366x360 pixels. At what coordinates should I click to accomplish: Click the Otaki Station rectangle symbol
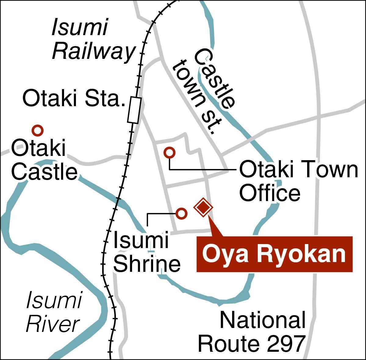[x=134, y=110]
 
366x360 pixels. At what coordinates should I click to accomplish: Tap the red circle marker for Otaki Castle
[x=38, y=131]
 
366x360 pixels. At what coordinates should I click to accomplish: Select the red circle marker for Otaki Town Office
[x=169, y=152]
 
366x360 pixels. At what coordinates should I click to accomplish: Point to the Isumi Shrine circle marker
[x=181, y=213]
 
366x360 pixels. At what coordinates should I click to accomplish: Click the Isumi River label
[x=53, y=312]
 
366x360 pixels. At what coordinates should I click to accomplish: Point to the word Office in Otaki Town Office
[x=270, y=193]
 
